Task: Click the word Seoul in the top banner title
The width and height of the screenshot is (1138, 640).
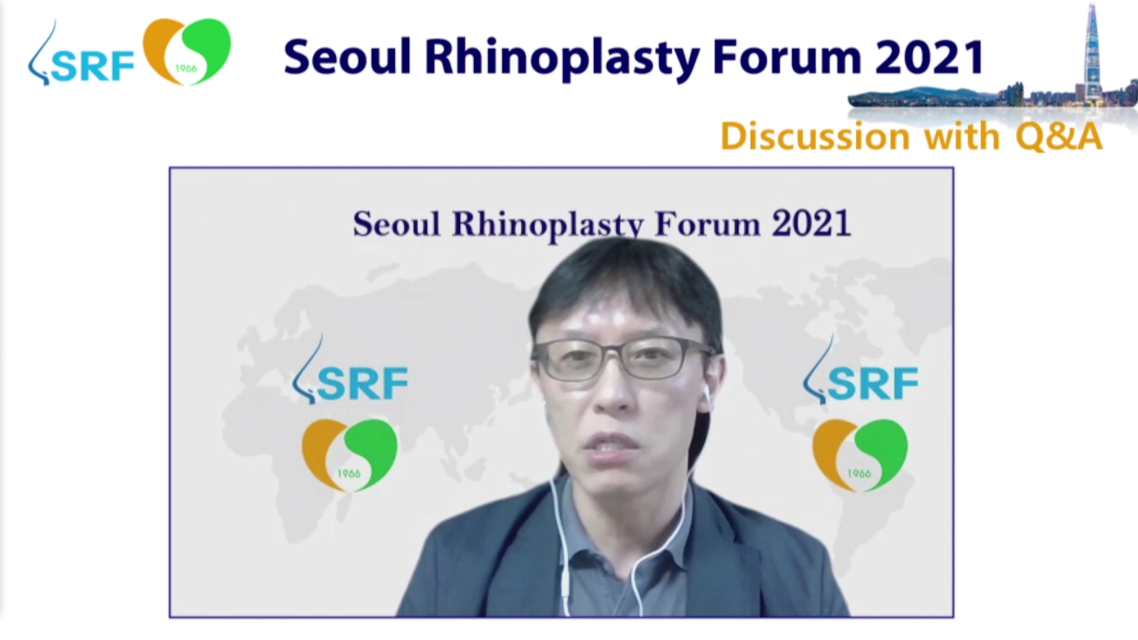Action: click(x=347, y=57)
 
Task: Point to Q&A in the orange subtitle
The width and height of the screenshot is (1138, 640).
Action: click(x=1059, y=137)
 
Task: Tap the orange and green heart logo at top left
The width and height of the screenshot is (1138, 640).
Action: click(x=187, y=51)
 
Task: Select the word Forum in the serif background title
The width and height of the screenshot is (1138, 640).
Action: click(x=708, y=224)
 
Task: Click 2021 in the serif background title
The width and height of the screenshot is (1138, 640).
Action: click(x=812, y=224)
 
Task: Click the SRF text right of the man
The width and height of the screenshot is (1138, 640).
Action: click(x=874, y=383)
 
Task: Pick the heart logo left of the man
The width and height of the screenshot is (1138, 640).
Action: click(x=350, y=455)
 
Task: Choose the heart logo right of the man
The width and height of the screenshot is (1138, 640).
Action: click(x=860, y=455)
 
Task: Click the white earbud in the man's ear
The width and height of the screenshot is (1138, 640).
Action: click(x=706, y=397)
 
